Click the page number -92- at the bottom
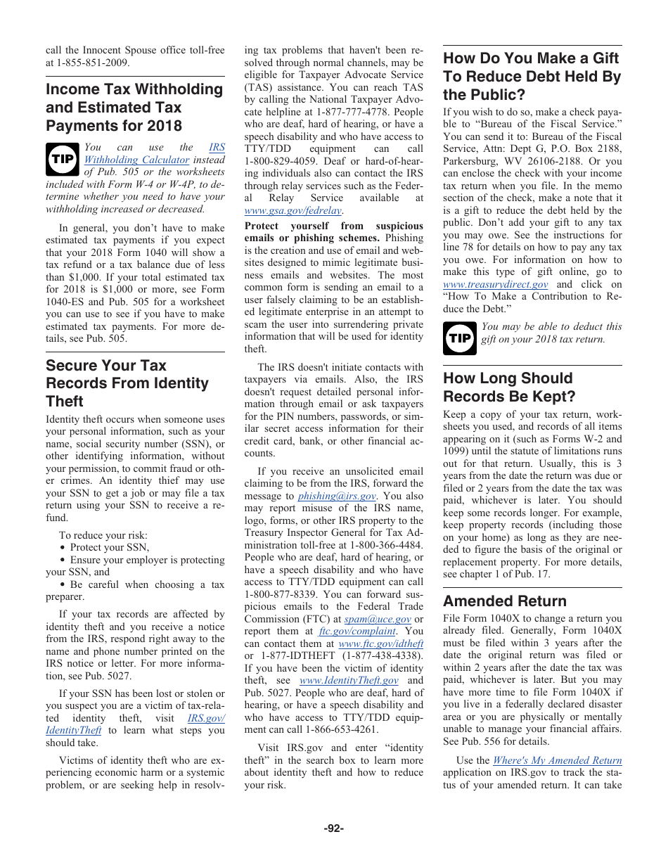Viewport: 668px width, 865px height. point(333,828)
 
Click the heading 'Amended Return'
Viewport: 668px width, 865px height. point(504,601)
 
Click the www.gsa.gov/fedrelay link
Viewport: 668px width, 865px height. point(293,210)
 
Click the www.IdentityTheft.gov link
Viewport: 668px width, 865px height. point(349,680)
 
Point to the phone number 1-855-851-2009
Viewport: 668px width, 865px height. point(89,63)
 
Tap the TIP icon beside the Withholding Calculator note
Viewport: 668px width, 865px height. point(62,159)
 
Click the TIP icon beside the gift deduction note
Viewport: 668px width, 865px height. point(459,338)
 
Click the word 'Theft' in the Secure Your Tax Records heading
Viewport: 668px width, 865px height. point(65,401)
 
